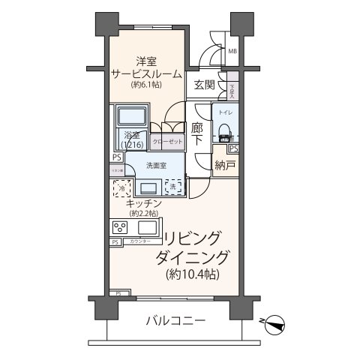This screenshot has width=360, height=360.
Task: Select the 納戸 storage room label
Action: (x=223, y=164)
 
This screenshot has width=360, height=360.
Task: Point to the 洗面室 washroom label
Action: (x=156, y=164)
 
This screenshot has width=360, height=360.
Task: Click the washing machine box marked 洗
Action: (x=173, y=186)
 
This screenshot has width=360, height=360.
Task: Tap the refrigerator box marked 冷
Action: (x=122, y=188)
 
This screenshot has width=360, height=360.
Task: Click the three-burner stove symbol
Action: (x=120, y=227)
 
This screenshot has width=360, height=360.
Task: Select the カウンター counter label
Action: (x=140, y=241)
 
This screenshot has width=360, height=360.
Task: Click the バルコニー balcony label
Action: (x=173, y=320)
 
